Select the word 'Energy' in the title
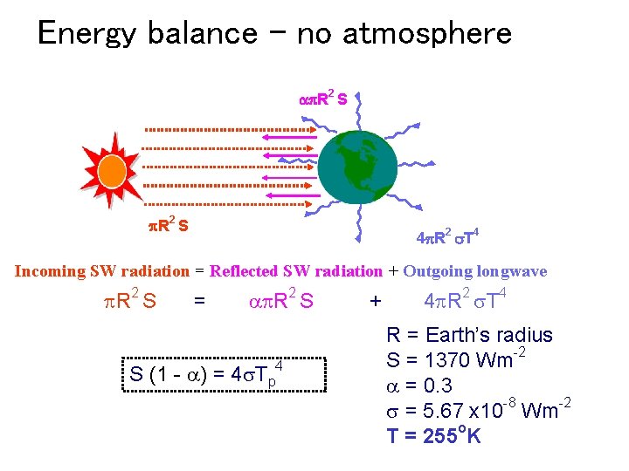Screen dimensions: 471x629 (x=87, y=34)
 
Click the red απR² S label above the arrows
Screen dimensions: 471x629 (x=322, y=99)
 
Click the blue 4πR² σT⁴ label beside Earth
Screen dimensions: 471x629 (x=446, y=235)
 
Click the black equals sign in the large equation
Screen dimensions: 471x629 (x=200, y=302)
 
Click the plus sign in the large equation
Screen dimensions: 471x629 (x=376, y=302)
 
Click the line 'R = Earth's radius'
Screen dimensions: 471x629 (x=470, y=335)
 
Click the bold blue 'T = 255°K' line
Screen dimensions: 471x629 (x=434, y=435)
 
